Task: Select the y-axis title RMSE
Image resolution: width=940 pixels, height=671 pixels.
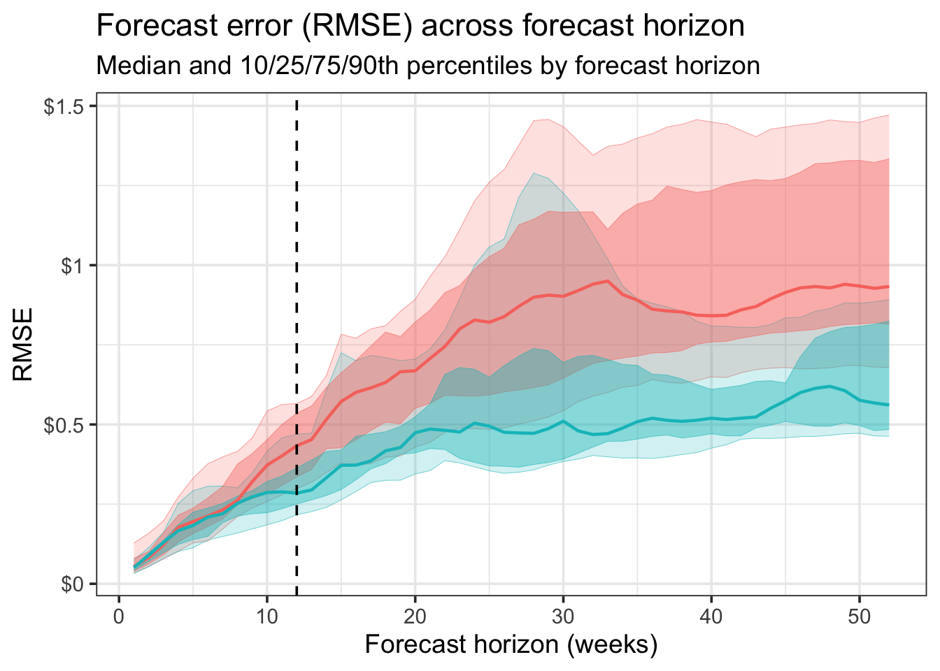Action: pyautogui.click(x=23, y=345)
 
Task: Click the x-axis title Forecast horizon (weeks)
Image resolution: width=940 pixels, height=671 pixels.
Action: pyautogui.click(x=511, y=644)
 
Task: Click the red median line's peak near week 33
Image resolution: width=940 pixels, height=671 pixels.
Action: pyautogui.click(x=608, y=281)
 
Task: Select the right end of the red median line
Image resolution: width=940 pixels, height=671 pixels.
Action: pyautogui.click(x=888, y=287)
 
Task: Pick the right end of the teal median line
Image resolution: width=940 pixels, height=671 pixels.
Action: pyautogui.click(x=888, y=405)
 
